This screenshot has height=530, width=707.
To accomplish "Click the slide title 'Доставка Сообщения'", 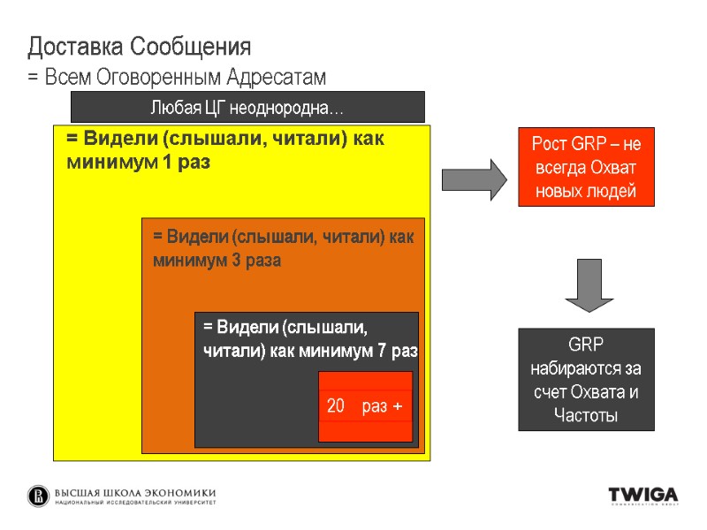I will pos(140,46).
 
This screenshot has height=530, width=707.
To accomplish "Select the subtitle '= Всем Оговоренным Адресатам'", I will pos(177,78).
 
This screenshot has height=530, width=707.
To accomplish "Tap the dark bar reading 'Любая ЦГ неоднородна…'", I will pos(247,108).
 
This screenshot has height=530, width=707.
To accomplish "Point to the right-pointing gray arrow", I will pos(474,179).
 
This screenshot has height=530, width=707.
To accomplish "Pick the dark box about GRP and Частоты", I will pos(586,380).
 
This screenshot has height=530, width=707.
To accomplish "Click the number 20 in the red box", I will pos(336,406).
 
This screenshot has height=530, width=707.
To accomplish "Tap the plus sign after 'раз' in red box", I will pos(398,406).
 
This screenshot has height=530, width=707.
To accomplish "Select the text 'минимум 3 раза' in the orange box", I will pos(217,261).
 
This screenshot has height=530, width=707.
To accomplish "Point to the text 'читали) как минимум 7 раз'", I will pos(310,351).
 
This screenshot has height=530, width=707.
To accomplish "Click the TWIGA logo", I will pos(642,496).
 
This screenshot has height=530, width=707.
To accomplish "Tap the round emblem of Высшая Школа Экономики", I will pos(39,496).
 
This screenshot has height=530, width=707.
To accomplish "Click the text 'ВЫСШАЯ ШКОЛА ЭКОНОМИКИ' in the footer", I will pos(135,493).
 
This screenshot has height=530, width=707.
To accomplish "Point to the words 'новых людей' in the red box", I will pos(586,193).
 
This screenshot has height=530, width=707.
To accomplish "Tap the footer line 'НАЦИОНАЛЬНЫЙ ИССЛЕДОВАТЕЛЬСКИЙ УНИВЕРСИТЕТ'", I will pos(135,503).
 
